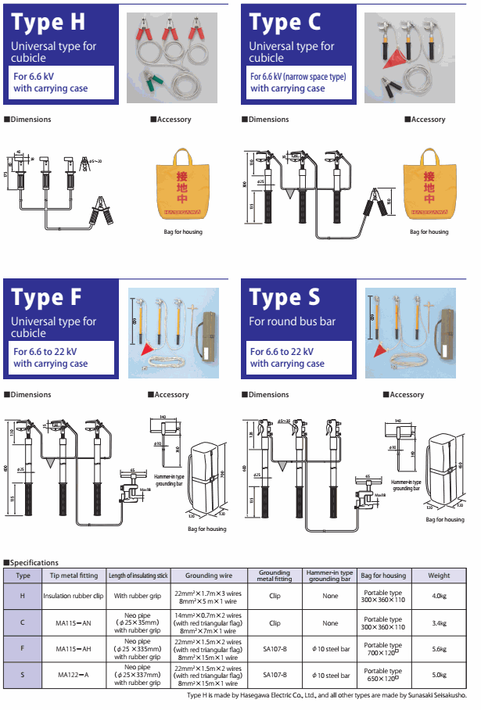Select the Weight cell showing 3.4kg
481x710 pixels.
click(439, 623)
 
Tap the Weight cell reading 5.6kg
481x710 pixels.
click(439, 649)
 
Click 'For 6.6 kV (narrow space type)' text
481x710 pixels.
click(298, 77)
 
